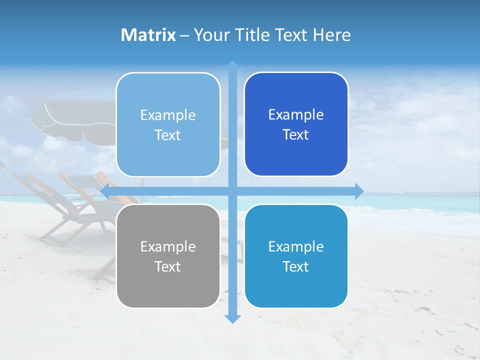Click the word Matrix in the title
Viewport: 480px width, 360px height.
pyautogui.click(x=148, y=35)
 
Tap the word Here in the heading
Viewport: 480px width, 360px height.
pyautogui.click(x=331, y=35)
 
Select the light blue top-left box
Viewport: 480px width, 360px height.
pyautogui.click(x=168, y=125)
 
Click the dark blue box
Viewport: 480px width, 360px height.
pyautogui.click(x=296, y=124)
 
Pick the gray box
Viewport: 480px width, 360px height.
pyautogui.click(x=168, y=256)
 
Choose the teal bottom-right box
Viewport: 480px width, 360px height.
pyautogui.click(x=296, y=256)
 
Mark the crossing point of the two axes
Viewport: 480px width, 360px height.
pyautogui.click(x=232, y=191)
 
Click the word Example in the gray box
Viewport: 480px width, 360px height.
pyautogui.click(x=168, y=246)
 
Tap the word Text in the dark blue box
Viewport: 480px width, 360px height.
pyautogui.click(x=296, y=135)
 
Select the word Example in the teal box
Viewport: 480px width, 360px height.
pyautogui.click(x=296, y=246)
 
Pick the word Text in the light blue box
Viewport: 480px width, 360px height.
pyautogui.click(x=168, y=135)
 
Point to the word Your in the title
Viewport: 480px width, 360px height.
pyautogui.click(x=210, y=35)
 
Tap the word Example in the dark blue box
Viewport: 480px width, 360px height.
pyautogui.click(x=296, y=115)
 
